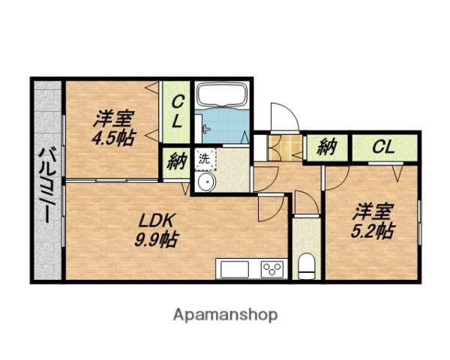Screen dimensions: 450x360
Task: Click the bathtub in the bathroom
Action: pyautogui.click(x=223, y=95)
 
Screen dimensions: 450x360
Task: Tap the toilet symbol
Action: pyautogui.click(x=307, y=265)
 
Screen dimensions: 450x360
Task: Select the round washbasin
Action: pyautogui.click(x=206, y=182)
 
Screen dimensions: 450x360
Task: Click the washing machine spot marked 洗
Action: pyautogui.click(x=205, y=159)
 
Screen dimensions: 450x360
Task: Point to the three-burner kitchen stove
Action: pyautogui.click(x=271, y=269)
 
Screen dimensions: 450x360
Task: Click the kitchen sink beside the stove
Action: pyautogui.click(x=234, y=269)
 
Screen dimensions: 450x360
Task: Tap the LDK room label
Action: pyautogui.click(x=157, y=220)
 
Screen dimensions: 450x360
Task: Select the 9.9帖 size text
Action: pyautogui.click(x=157, y=239)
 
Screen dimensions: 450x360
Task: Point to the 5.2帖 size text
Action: pyautogui.click(x=373, y=230)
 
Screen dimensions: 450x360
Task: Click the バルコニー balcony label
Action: pyautogui.click(x=46, y=186)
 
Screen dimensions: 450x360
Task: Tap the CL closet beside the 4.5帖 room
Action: pyautogui.click(x=176, y=112)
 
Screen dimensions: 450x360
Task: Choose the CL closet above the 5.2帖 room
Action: pyautogui.click(x=385, y=148)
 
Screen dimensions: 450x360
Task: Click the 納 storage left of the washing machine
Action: pyautogui.click(x=175, y=163)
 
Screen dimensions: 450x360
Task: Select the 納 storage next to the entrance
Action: pyautogui.click(x=327, y=148)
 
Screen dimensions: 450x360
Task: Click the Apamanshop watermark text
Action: pyautogui.click(x=225, y=315)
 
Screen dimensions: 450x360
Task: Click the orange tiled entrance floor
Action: pyautogui.click(x=285, y=148)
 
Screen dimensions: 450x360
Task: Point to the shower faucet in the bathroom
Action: pyautogui.click(x=205, y=128)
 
